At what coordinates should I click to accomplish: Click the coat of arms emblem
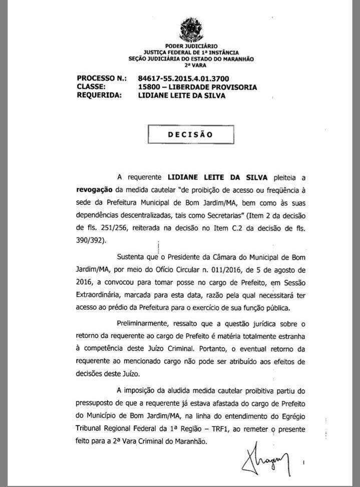tap(191, 29)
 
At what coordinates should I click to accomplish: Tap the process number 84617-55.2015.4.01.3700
tap(184, 79)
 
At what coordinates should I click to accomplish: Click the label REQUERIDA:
tap(100, 95)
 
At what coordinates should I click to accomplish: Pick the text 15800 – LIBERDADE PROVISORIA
tap(198, 87)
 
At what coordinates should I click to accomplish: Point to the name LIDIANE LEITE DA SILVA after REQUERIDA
tap(181, 95)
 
